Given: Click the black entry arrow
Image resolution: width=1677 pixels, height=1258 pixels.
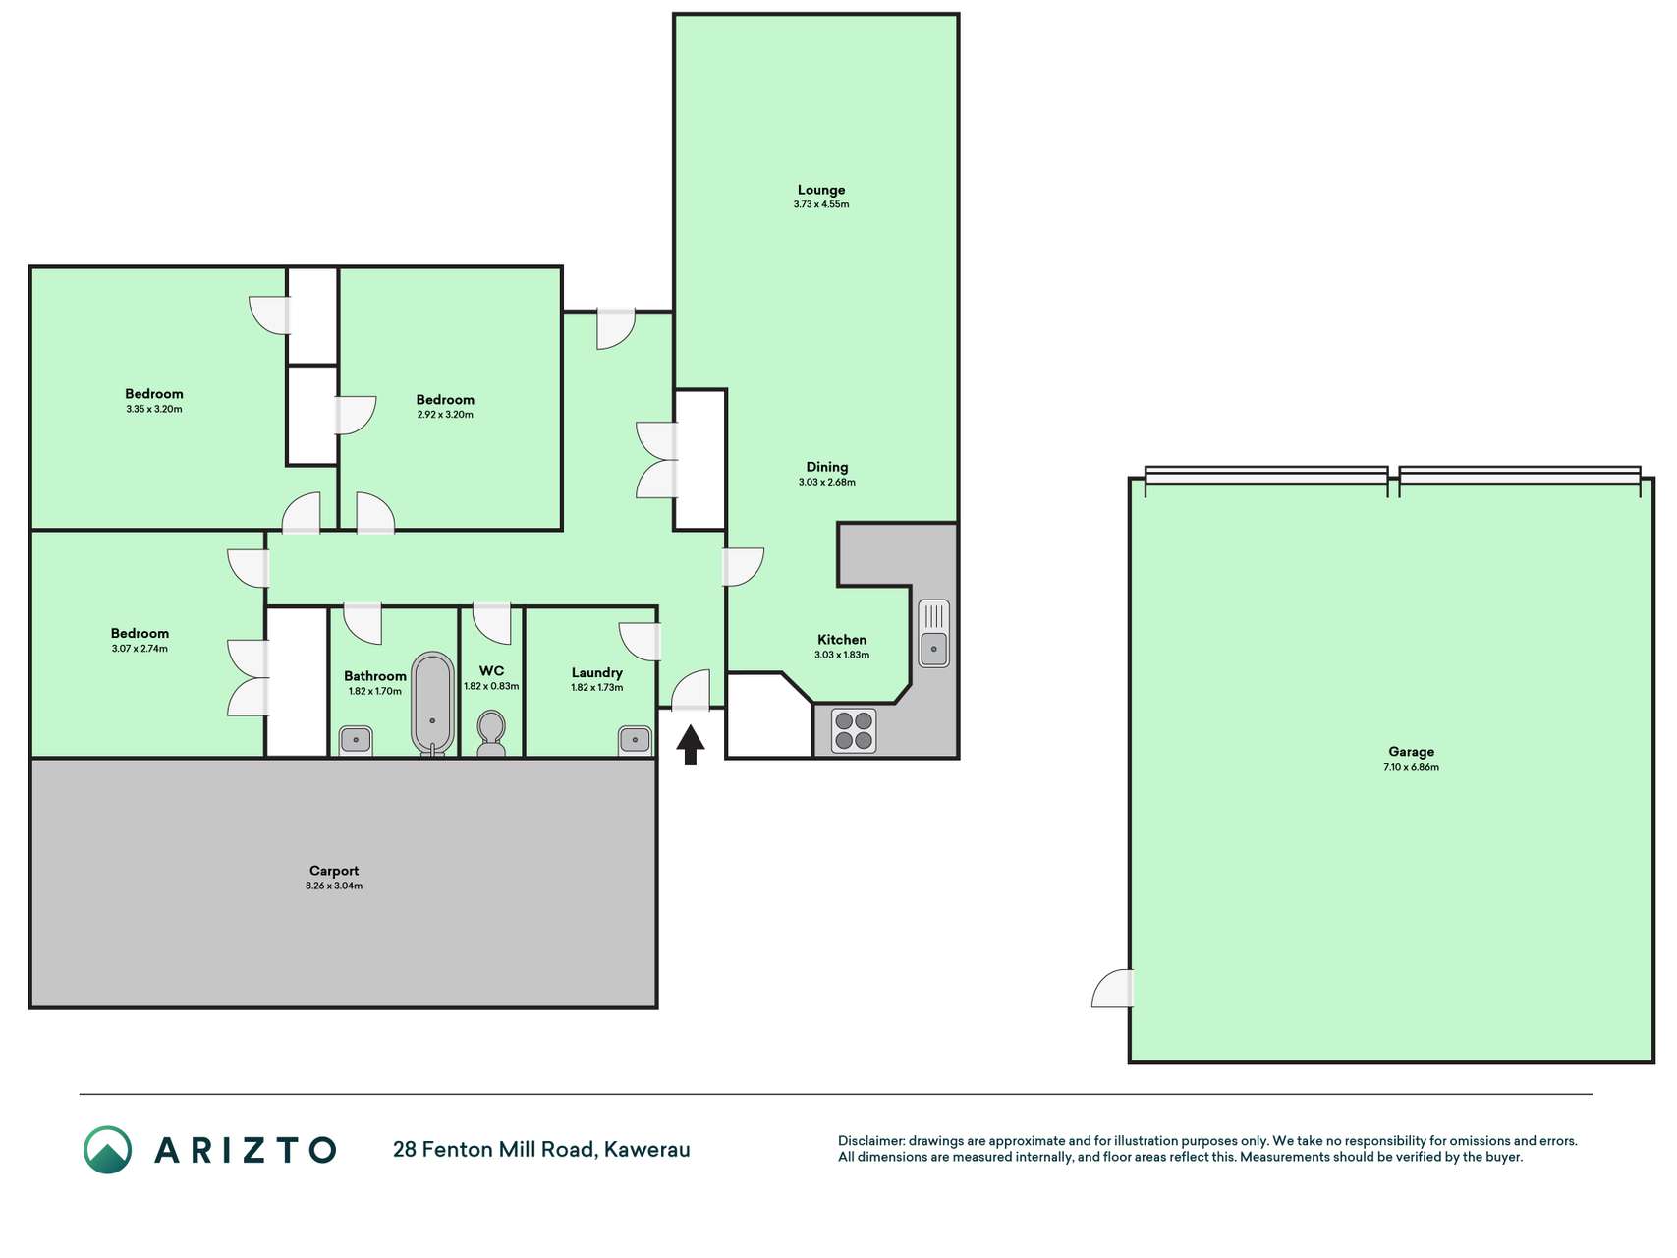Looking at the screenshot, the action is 690,744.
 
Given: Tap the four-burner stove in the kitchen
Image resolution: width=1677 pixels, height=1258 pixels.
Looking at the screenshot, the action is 854,730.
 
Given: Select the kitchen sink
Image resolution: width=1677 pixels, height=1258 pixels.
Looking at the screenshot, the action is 934,634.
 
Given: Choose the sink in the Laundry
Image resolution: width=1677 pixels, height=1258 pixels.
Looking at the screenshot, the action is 635,740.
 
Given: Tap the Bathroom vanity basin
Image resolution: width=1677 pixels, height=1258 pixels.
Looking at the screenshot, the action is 356,740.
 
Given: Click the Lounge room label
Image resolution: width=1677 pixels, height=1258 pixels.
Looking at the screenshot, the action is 821,190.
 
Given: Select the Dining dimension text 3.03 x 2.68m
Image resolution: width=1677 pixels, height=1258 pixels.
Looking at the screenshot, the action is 827,483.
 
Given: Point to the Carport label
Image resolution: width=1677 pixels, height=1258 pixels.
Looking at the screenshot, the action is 334,871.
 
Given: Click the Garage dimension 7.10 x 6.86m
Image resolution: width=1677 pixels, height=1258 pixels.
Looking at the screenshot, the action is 1411,767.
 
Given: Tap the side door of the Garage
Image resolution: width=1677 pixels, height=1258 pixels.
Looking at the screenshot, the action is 1113,988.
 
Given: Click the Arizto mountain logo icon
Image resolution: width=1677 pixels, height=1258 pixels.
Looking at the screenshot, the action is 107,1150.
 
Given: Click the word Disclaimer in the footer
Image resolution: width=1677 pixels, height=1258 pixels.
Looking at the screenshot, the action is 871,1141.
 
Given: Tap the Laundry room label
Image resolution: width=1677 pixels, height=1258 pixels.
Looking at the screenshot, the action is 597,673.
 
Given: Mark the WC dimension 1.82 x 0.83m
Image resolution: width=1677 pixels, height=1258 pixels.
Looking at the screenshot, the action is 491,687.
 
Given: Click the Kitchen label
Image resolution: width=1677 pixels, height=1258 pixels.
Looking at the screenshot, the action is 842,640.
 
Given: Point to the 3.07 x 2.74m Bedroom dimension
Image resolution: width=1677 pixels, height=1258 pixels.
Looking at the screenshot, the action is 140,649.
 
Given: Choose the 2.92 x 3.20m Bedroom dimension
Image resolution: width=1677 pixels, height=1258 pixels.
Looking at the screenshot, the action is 445,415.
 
